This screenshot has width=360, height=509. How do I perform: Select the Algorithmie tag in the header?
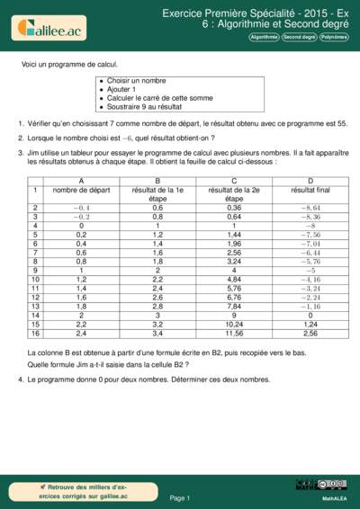click(264, 37)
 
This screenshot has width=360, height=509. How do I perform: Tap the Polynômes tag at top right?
click(333, 37)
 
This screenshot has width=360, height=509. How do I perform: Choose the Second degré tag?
click(299, 37)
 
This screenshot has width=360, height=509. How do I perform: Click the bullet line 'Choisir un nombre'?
click(135, 81)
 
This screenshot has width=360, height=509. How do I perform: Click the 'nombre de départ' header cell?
click(81, 190)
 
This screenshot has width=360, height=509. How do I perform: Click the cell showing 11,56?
click(234, 333)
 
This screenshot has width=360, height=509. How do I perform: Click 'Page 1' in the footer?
click(179, 497)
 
